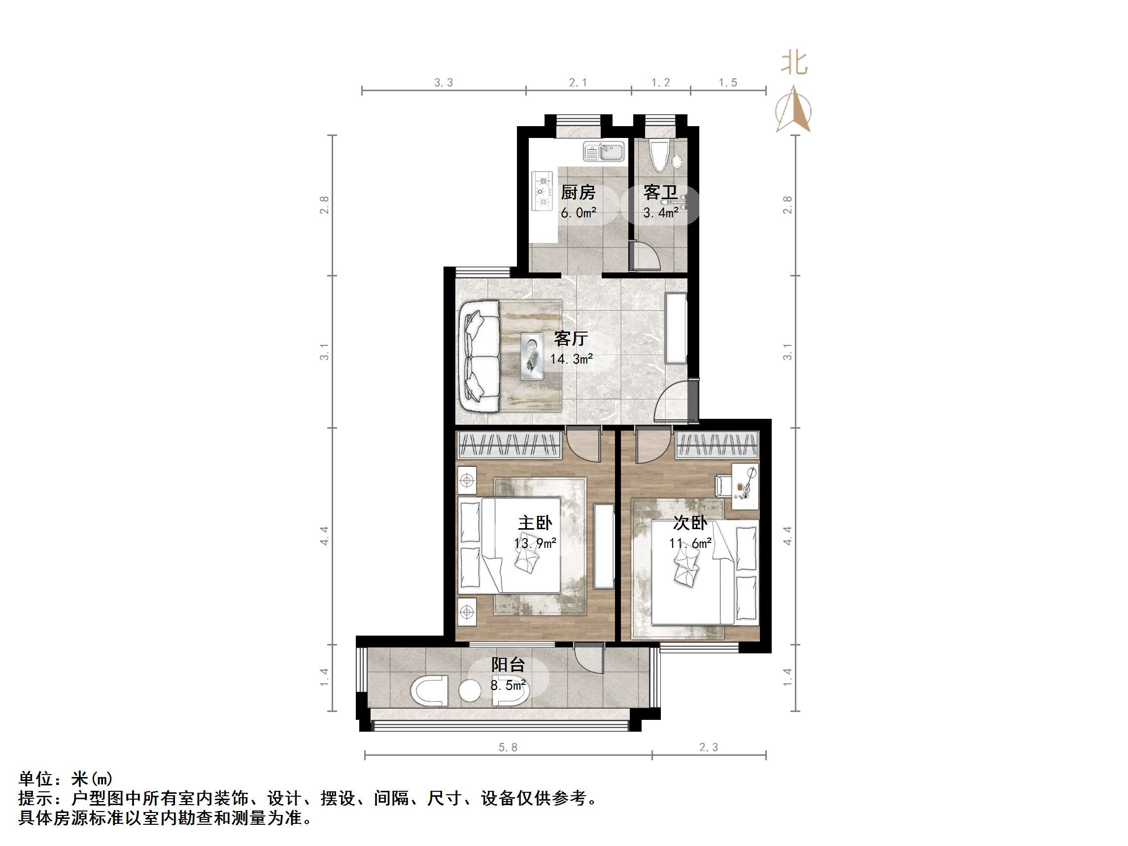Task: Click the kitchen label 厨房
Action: coord(578,192)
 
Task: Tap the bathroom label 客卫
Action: coord(660,192)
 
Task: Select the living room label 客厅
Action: coord(571,338)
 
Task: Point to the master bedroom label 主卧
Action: coord(535,523)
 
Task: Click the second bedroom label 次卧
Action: coord(690,523)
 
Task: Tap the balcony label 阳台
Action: coord(508,665)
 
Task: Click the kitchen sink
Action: coord(604,151)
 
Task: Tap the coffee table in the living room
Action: coord(532,356)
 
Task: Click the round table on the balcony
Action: coord(470,691)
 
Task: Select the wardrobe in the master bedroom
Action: coord(509,444)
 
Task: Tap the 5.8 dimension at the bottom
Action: coord(508,747)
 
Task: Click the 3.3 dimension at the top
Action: coord(443,83)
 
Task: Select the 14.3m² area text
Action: coord(571,359)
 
